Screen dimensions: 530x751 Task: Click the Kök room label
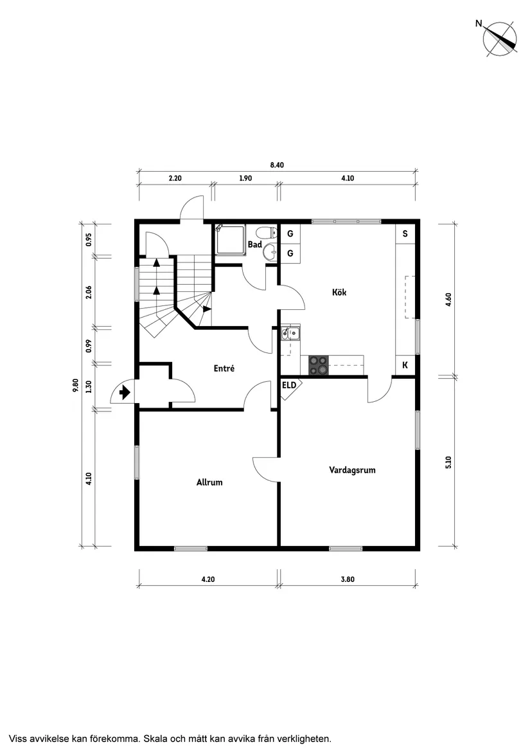339,292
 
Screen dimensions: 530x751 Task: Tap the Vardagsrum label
352,470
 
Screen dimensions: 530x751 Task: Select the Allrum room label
209,482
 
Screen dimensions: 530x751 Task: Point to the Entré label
224,368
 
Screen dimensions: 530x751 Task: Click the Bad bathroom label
254,245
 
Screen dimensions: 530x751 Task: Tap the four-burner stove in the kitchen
319,365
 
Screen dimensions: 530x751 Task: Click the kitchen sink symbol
290,332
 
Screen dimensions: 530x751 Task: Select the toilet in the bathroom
267,233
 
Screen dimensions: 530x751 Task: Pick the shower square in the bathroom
231,239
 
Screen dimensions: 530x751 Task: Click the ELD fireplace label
289,385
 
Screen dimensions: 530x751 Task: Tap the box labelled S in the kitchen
405,234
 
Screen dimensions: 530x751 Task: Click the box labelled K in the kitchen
405,365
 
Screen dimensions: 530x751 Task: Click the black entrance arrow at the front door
125,393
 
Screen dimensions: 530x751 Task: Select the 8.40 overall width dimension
277,165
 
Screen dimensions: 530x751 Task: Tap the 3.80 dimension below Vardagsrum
348,579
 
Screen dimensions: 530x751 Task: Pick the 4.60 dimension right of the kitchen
448,300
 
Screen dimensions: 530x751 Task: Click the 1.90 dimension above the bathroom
245,178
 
